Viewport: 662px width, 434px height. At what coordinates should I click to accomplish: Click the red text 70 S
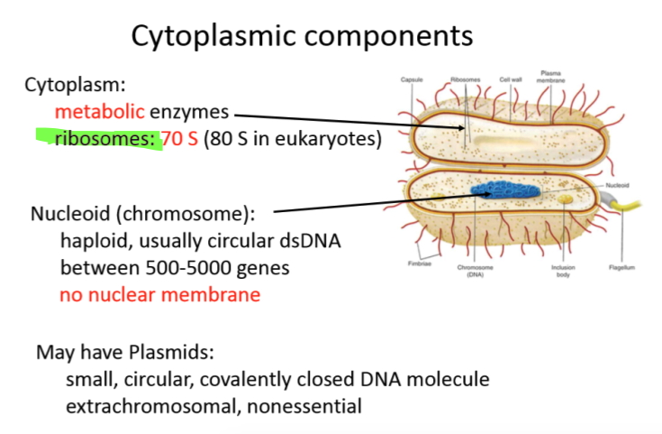tap(179, 141)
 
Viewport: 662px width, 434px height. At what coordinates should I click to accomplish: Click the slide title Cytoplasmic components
tap(302, 36)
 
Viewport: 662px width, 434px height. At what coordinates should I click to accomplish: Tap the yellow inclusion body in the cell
tap(565, 198)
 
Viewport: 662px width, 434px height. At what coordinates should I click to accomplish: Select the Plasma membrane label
tap(550, 76)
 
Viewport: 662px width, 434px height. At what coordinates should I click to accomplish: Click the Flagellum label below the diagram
tap(621, 267)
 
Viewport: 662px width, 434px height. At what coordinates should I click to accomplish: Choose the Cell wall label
tap(512, 79)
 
